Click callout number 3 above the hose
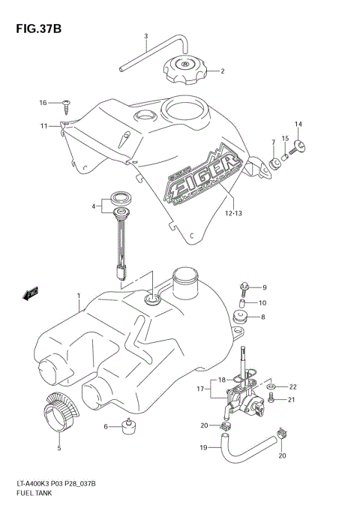coord(145,36)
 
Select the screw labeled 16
coord(67,103)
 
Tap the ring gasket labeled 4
coord(118,199)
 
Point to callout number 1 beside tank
coord(77,296)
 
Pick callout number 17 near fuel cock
coord(199,388)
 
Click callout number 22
coord(293,387)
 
